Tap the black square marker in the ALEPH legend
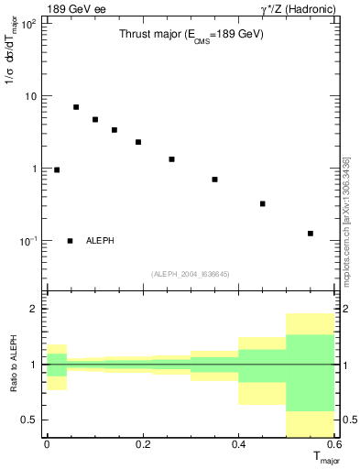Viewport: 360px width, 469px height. click(x=70, y=241)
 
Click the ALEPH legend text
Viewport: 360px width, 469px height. click(x=101, y=241)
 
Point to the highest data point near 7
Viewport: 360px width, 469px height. click(x=76, y=107)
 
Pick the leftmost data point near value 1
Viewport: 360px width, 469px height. click(x=57, y=169)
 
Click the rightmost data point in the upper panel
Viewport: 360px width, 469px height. click(x=311, y=234)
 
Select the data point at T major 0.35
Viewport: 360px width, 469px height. click(x=214, y=180)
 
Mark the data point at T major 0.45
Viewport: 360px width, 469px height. click(x=263, y=203)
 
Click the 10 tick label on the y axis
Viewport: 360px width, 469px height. click(x=29, y=96)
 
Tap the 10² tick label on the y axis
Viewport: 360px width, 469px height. click(x=27, y=23)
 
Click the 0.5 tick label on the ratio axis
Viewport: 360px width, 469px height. click(x=29, y=420)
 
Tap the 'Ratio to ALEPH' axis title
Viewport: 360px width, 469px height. click(x=11, y=365)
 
